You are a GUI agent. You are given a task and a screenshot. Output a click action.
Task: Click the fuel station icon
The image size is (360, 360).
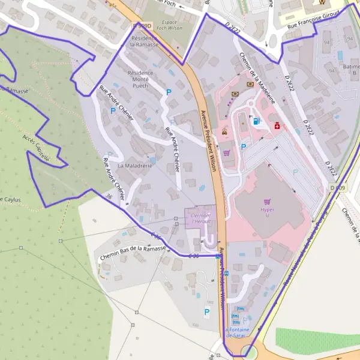pos(257,121)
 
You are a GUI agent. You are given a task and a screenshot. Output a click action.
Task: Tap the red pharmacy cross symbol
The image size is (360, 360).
pos(277,126)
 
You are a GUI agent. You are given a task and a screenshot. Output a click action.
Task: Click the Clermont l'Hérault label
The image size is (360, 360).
pos(200,218)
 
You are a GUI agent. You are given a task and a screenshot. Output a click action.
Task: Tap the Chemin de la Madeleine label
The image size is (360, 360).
pos(257,78)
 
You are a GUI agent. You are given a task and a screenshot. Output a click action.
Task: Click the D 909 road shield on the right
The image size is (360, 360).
pos(337,188)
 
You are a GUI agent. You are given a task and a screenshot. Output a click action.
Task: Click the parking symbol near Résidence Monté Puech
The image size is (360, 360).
pos(168,92)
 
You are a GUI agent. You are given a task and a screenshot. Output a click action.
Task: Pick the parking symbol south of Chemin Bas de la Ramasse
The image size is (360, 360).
pos(207,312)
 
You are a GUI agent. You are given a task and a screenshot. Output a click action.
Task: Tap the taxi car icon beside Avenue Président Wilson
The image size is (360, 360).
pos(224,131)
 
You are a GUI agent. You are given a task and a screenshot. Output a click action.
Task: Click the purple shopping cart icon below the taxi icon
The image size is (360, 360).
pos(227,153)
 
